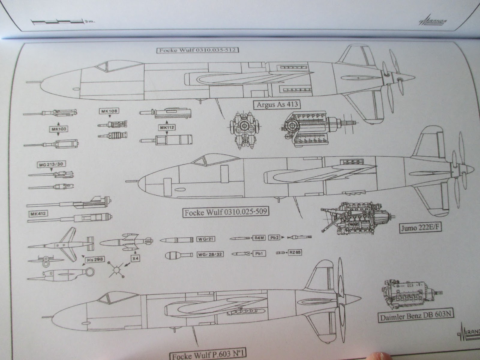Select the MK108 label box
(109, 111)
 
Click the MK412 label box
(38, 214)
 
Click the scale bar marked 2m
(57, 22)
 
